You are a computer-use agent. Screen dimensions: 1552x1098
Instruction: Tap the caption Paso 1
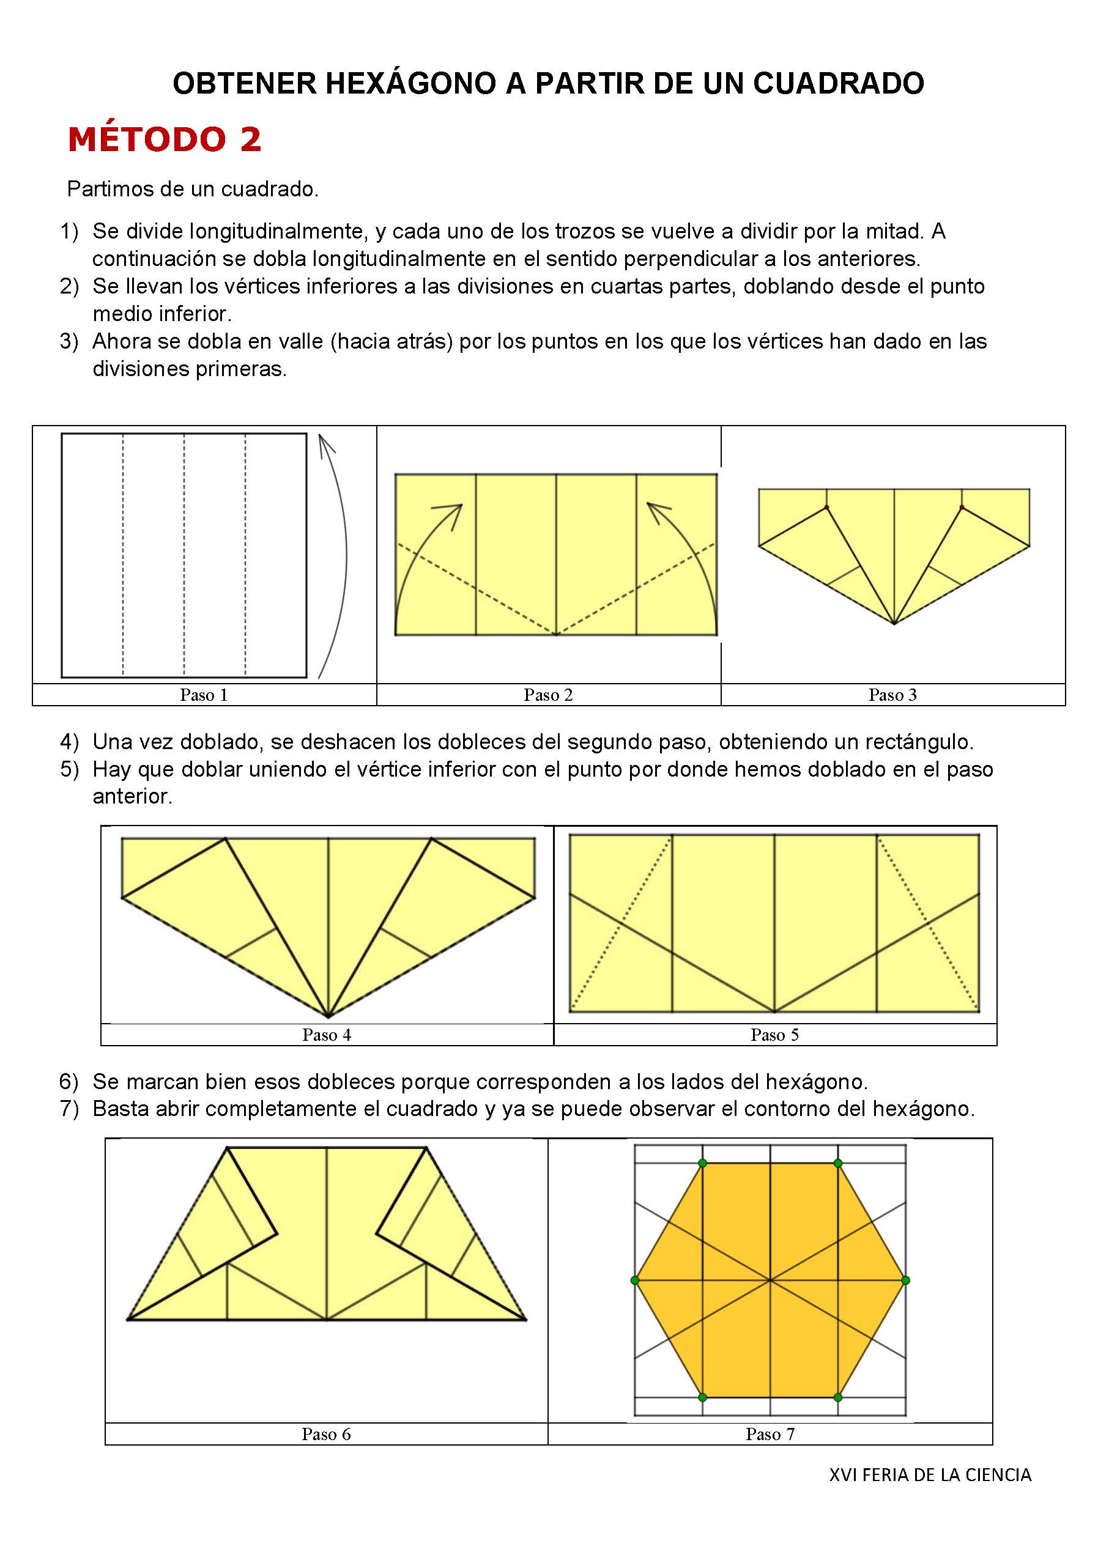204,695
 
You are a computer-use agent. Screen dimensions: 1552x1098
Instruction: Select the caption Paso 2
547,695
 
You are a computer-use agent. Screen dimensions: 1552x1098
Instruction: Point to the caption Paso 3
892,695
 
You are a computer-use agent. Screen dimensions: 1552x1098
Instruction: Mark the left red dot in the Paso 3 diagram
826,507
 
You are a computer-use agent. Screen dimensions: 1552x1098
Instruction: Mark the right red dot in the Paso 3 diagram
962,507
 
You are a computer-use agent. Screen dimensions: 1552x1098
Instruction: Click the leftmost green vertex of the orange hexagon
634,1280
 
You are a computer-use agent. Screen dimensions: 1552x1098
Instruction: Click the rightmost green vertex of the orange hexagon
906,1280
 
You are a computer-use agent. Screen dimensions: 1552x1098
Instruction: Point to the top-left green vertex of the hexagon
702,1163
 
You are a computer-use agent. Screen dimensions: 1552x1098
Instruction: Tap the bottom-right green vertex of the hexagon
837,1397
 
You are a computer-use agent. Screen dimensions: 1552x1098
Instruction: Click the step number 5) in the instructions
69,769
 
